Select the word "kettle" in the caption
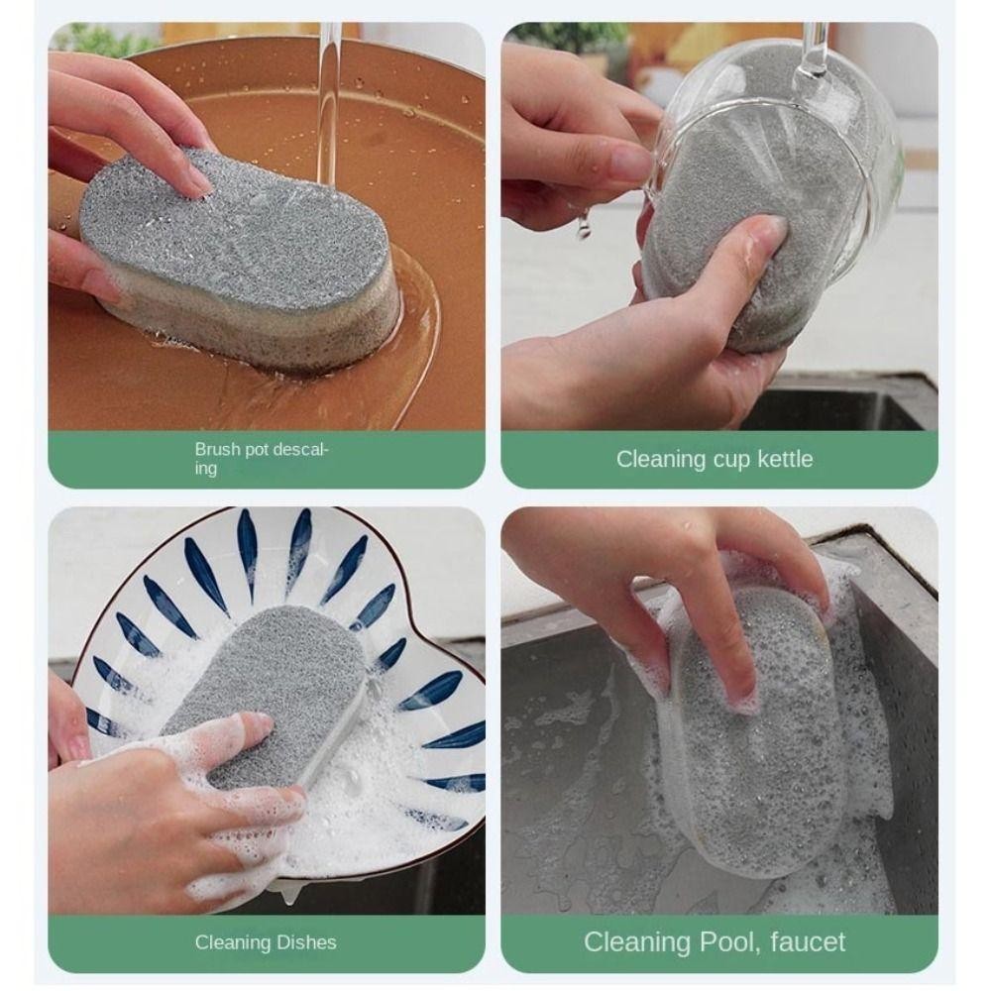(x=785, y=459)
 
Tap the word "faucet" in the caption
(x=808, y=942)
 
